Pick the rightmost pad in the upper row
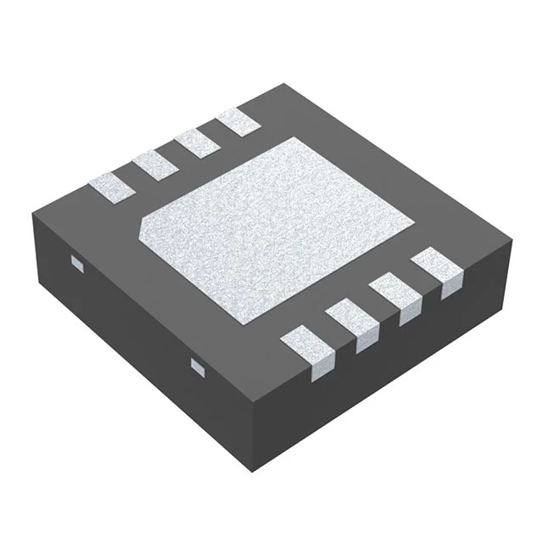(237, 122)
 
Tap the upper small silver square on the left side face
(76, 265)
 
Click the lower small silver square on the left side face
(197, 367)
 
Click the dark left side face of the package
(153, 339)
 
